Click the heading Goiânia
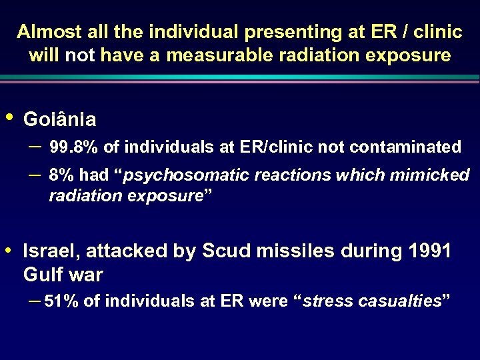59,120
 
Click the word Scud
223,252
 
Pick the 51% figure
60,301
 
